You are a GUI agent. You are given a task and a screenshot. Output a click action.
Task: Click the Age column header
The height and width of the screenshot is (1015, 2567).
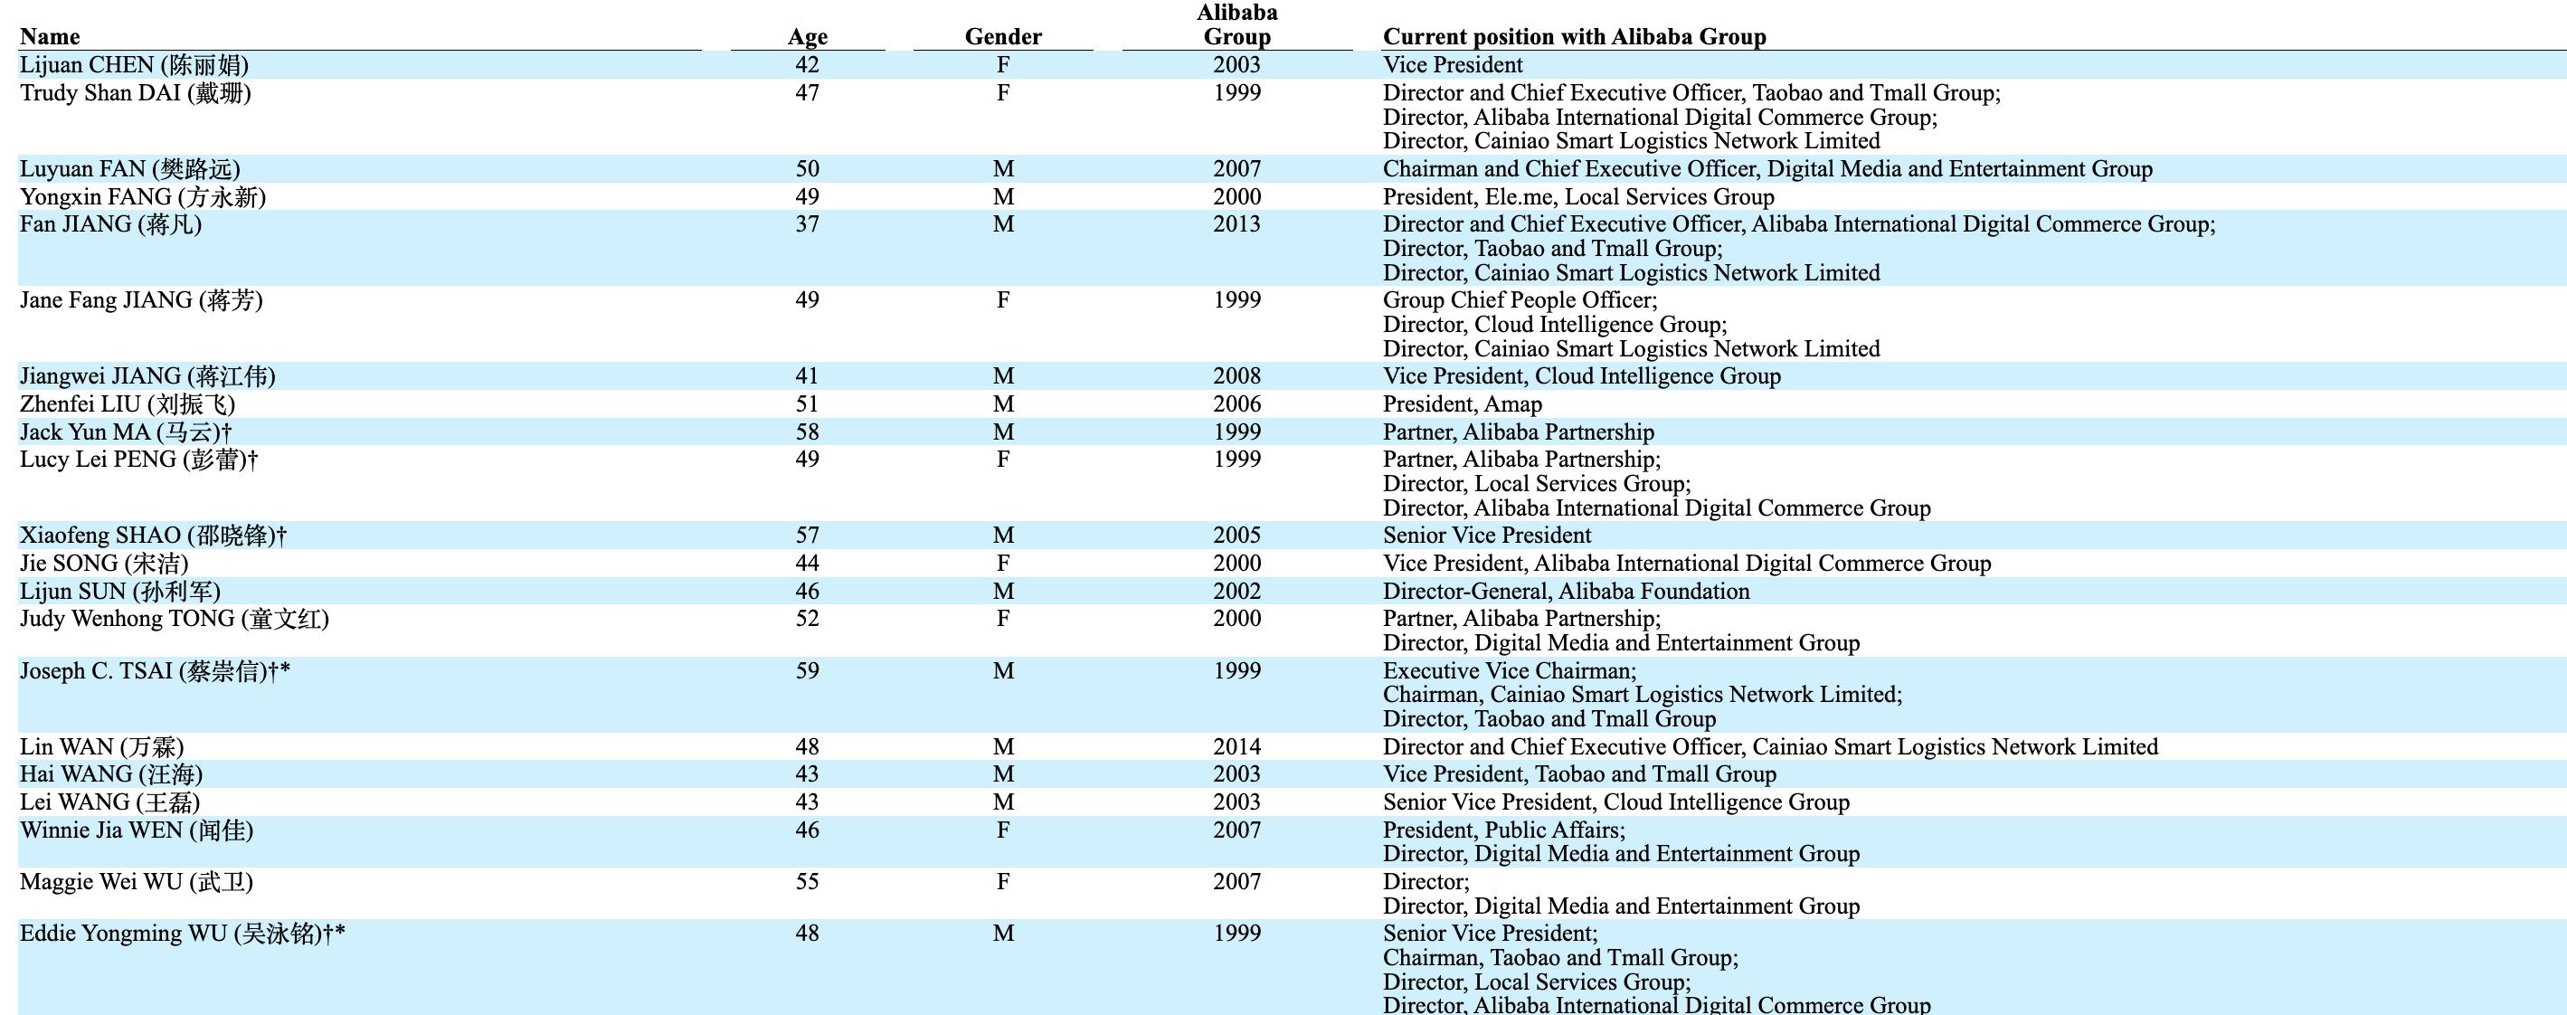pyautogui.click(x=807, y=37)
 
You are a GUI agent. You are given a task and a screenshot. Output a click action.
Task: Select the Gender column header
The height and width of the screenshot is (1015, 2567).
pyautogui.click(x=1002, y=37)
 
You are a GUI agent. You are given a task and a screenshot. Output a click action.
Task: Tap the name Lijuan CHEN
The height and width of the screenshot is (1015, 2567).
pyautogui.click(x=134, y=66)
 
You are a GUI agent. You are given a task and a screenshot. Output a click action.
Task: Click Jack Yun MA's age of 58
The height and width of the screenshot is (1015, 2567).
pyautogui.click(x=807, y=432)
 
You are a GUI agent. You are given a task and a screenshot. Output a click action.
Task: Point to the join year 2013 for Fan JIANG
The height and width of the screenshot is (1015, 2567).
pyautogui.click(x=1236, y=224)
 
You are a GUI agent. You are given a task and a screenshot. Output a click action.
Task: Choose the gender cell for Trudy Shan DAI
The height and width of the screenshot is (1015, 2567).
pyautogui.click(x=1002, y=94)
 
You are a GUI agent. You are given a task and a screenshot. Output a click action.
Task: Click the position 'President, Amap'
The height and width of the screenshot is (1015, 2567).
pyautogui.click(x=1462, y=403)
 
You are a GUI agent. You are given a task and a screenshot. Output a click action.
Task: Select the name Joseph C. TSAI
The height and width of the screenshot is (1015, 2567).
pyautogui.click(x=155, y=671)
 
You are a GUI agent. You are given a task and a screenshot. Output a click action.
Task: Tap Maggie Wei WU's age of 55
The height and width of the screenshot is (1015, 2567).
pyautogui.click(x=807, y=881)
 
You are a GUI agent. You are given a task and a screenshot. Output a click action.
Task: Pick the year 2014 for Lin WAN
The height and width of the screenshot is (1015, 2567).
pyautogui.click(x=1236, y=747)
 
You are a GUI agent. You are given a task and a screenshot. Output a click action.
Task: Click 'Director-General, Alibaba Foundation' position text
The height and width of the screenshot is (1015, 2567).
pyautogui.click(x=1566, y=592)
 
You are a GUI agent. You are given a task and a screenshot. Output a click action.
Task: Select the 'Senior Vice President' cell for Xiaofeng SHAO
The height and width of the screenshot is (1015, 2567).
pyautogui.click(x=1487, y=536)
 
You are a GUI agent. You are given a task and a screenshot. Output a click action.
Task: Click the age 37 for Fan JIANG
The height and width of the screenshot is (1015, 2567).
pyautogui.click(x=807, y=224)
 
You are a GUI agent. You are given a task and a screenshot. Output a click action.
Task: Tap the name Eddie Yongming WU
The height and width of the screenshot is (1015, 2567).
pyautogui.click(x=182, y=934)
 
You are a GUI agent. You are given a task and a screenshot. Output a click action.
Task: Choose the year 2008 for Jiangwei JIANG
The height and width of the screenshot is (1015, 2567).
pyautogui.click(x=1236, y=376)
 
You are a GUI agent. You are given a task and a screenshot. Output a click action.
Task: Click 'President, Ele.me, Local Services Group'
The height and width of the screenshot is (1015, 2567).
pyautogui.click(x=1577, y=196)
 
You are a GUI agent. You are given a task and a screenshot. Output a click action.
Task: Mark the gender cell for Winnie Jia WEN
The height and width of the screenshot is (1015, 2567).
pyautogui.click(x=1002, y=830)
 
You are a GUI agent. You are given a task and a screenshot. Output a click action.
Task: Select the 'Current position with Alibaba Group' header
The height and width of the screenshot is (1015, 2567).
pyautogui.click(x=1574, y=37)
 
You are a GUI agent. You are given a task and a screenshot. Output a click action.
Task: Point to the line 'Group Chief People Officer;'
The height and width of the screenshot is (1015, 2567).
pyautogui.click(x=1520, y=300)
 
